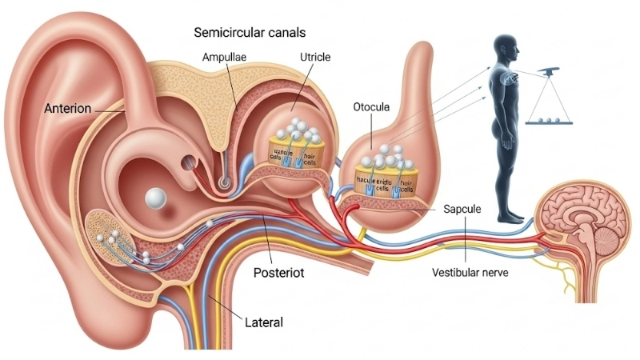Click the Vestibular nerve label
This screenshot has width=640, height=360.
pyautogui.click(x=470, y=272)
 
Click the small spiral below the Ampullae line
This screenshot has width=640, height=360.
pyautogui.click(x=226, y=182)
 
